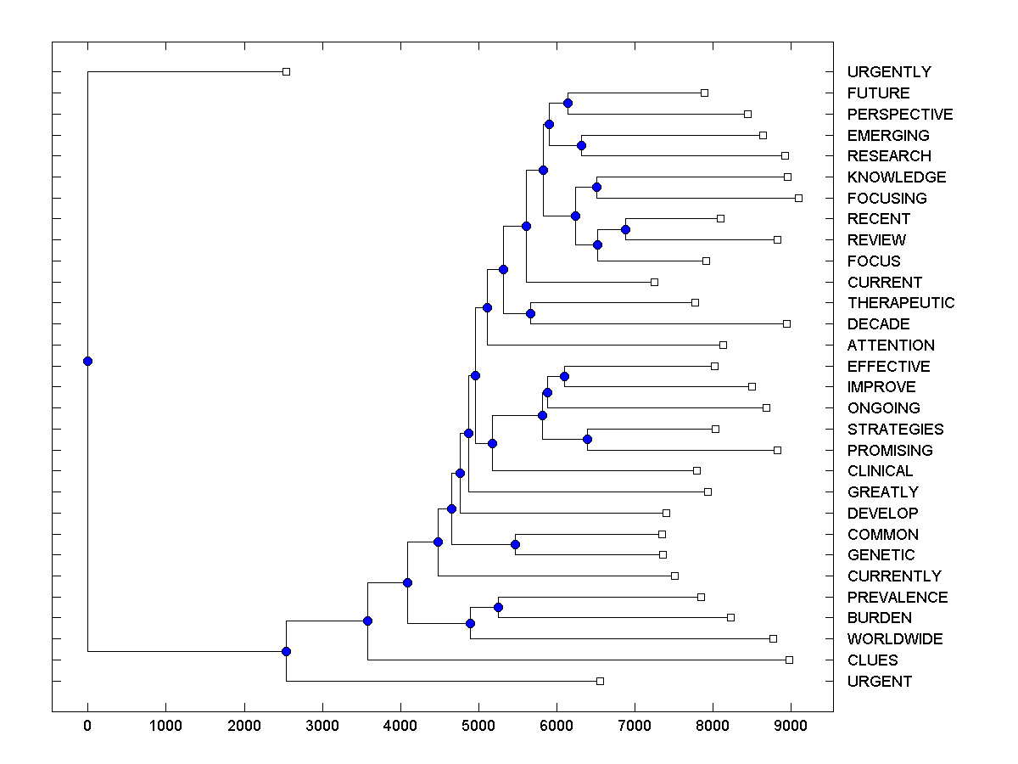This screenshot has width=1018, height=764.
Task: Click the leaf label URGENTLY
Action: [x=889, y=72]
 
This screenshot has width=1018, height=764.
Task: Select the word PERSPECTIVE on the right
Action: [x=900, y=115]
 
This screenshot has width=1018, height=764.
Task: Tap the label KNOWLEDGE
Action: [x=897, y=177]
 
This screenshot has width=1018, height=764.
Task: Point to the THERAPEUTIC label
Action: [x=901, y=303]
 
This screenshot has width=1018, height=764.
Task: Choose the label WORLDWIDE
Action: [x=895, y=639]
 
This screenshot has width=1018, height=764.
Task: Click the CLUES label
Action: [x=872, y=660]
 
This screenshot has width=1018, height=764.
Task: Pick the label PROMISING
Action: [x=890, y=451]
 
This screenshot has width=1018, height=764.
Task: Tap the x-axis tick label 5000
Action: [x=478, y=727]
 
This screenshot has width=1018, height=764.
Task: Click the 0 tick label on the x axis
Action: [x=87, y=727]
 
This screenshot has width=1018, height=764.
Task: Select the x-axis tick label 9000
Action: [x=791, y=727]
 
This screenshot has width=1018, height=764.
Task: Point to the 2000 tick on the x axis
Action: [x=244, y=727]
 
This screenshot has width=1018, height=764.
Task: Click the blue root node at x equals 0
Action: [x=87, y=361]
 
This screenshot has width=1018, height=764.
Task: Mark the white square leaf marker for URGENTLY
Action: [x=286, y=71]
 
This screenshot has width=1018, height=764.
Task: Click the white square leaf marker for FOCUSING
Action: [x=798, y=198]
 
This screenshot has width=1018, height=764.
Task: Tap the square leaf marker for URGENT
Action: [x=600, y=681]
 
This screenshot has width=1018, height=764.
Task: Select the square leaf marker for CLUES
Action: [x=789, y=660]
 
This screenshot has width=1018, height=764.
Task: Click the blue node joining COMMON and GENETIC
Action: [x=515, y=544]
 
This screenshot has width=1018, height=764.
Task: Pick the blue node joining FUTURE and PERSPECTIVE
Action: [x=568, y=103]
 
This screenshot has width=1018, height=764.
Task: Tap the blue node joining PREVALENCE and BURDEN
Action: [x=498, y=607]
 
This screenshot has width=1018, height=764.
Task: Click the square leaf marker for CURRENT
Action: [x=654, y=282]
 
